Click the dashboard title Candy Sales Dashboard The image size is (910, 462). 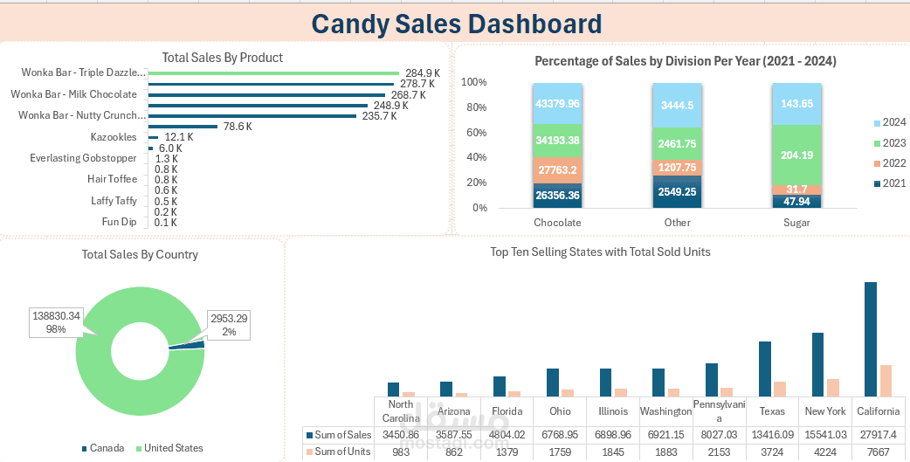click(456, 24)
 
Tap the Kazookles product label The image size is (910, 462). click(114, 137)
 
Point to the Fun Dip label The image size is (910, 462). click(119, 222)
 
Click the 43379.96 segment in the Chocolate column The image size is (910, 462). click(557, 104)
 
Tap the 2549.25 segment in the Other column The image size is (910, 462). click(677, 192)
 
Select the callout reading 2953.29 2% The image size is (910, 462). click(228, 325)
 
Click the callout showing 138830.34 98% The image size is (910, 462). click(56, 321)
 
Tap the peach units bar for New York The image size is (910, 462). click(832, 388)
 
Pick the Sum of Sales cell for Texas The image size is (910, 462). click(772, 434)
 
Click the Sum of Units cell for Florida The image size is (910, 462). click(507, 452)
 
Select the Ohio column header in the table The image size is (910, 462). click(560, 411)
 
